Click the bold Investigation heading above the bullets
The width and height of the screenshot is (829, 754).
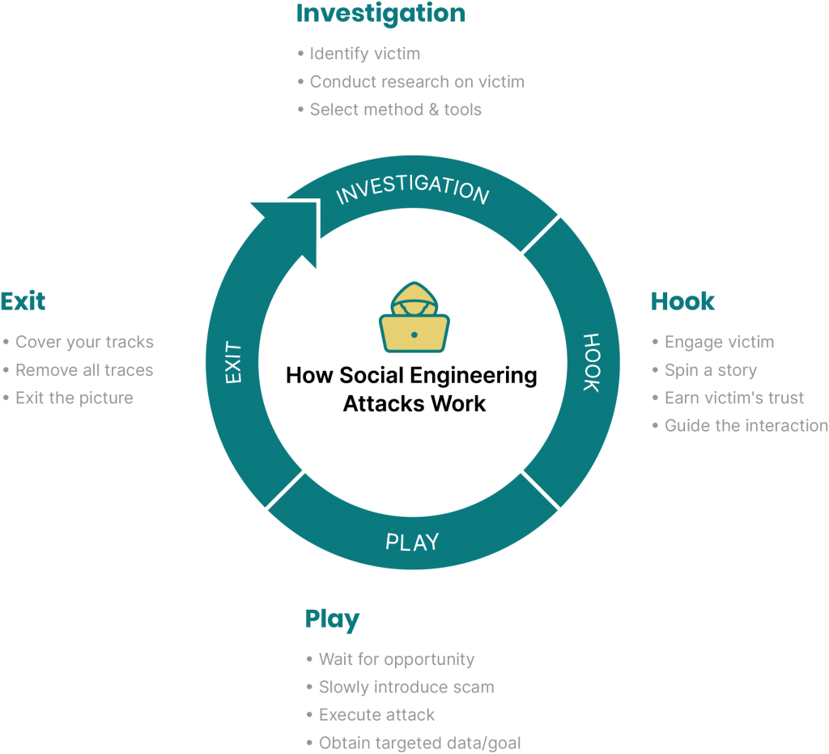pyautogui.click(x=380, y=15)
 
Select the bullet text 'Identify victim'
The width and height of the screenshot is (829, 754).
pyautogui.click(x=365, y=54)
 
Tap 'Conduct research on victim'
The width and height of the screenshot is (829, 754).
pyautogui.click(x=417, y=82)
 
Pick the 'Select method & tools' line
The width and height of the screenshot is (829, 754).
pyautogui.click(x=395, y=109)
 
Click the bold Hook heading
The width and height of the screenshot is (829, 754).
pyautogui.click(x=682, y=301)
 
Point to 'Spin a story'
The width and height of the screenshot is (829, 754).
pyautogui.click(x=711, y=370)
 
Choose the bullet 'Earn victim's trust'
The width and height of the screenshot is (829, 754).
pyautogui.click(x=733, y=398)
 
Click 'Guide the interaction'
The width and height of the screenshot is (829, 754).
pyautogui.click(x=746, y=426)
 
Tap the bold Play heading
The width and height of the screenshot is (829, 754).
pyautogui.click(x=332, y=620)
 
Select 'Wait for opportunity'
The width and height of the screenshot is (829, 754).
pyautogui.click(x=397, y=659)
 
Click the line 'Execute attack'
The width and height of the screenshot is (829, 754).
pyautogui.click(x=376, y=715)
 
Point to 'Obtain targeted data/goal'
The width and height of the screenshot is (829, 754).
pyautogui.click(x=420, y=743)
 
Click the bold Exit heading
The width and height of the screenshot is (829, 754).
pyautogui.click(x=23, y=301)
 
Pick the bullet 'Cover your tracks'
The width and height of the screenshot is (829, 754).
pyautogui.click(x=84, y=342)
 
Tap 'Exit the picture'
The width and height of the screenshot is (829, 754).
pyautogui.click(x=74, y=398)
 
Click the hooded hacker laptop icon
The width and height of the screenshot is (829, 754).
pyautogui.click(x=414, y=317)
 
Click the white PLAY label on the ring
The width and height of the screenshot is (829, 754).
pyautogui.click(x=412, y=543)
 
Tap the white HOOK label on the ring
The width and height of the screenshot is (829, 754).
pyautogui.click(x=592, y=363)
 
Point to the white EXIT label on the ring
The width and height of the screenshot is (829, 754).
pyautogui.click(x=233, y=362)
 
